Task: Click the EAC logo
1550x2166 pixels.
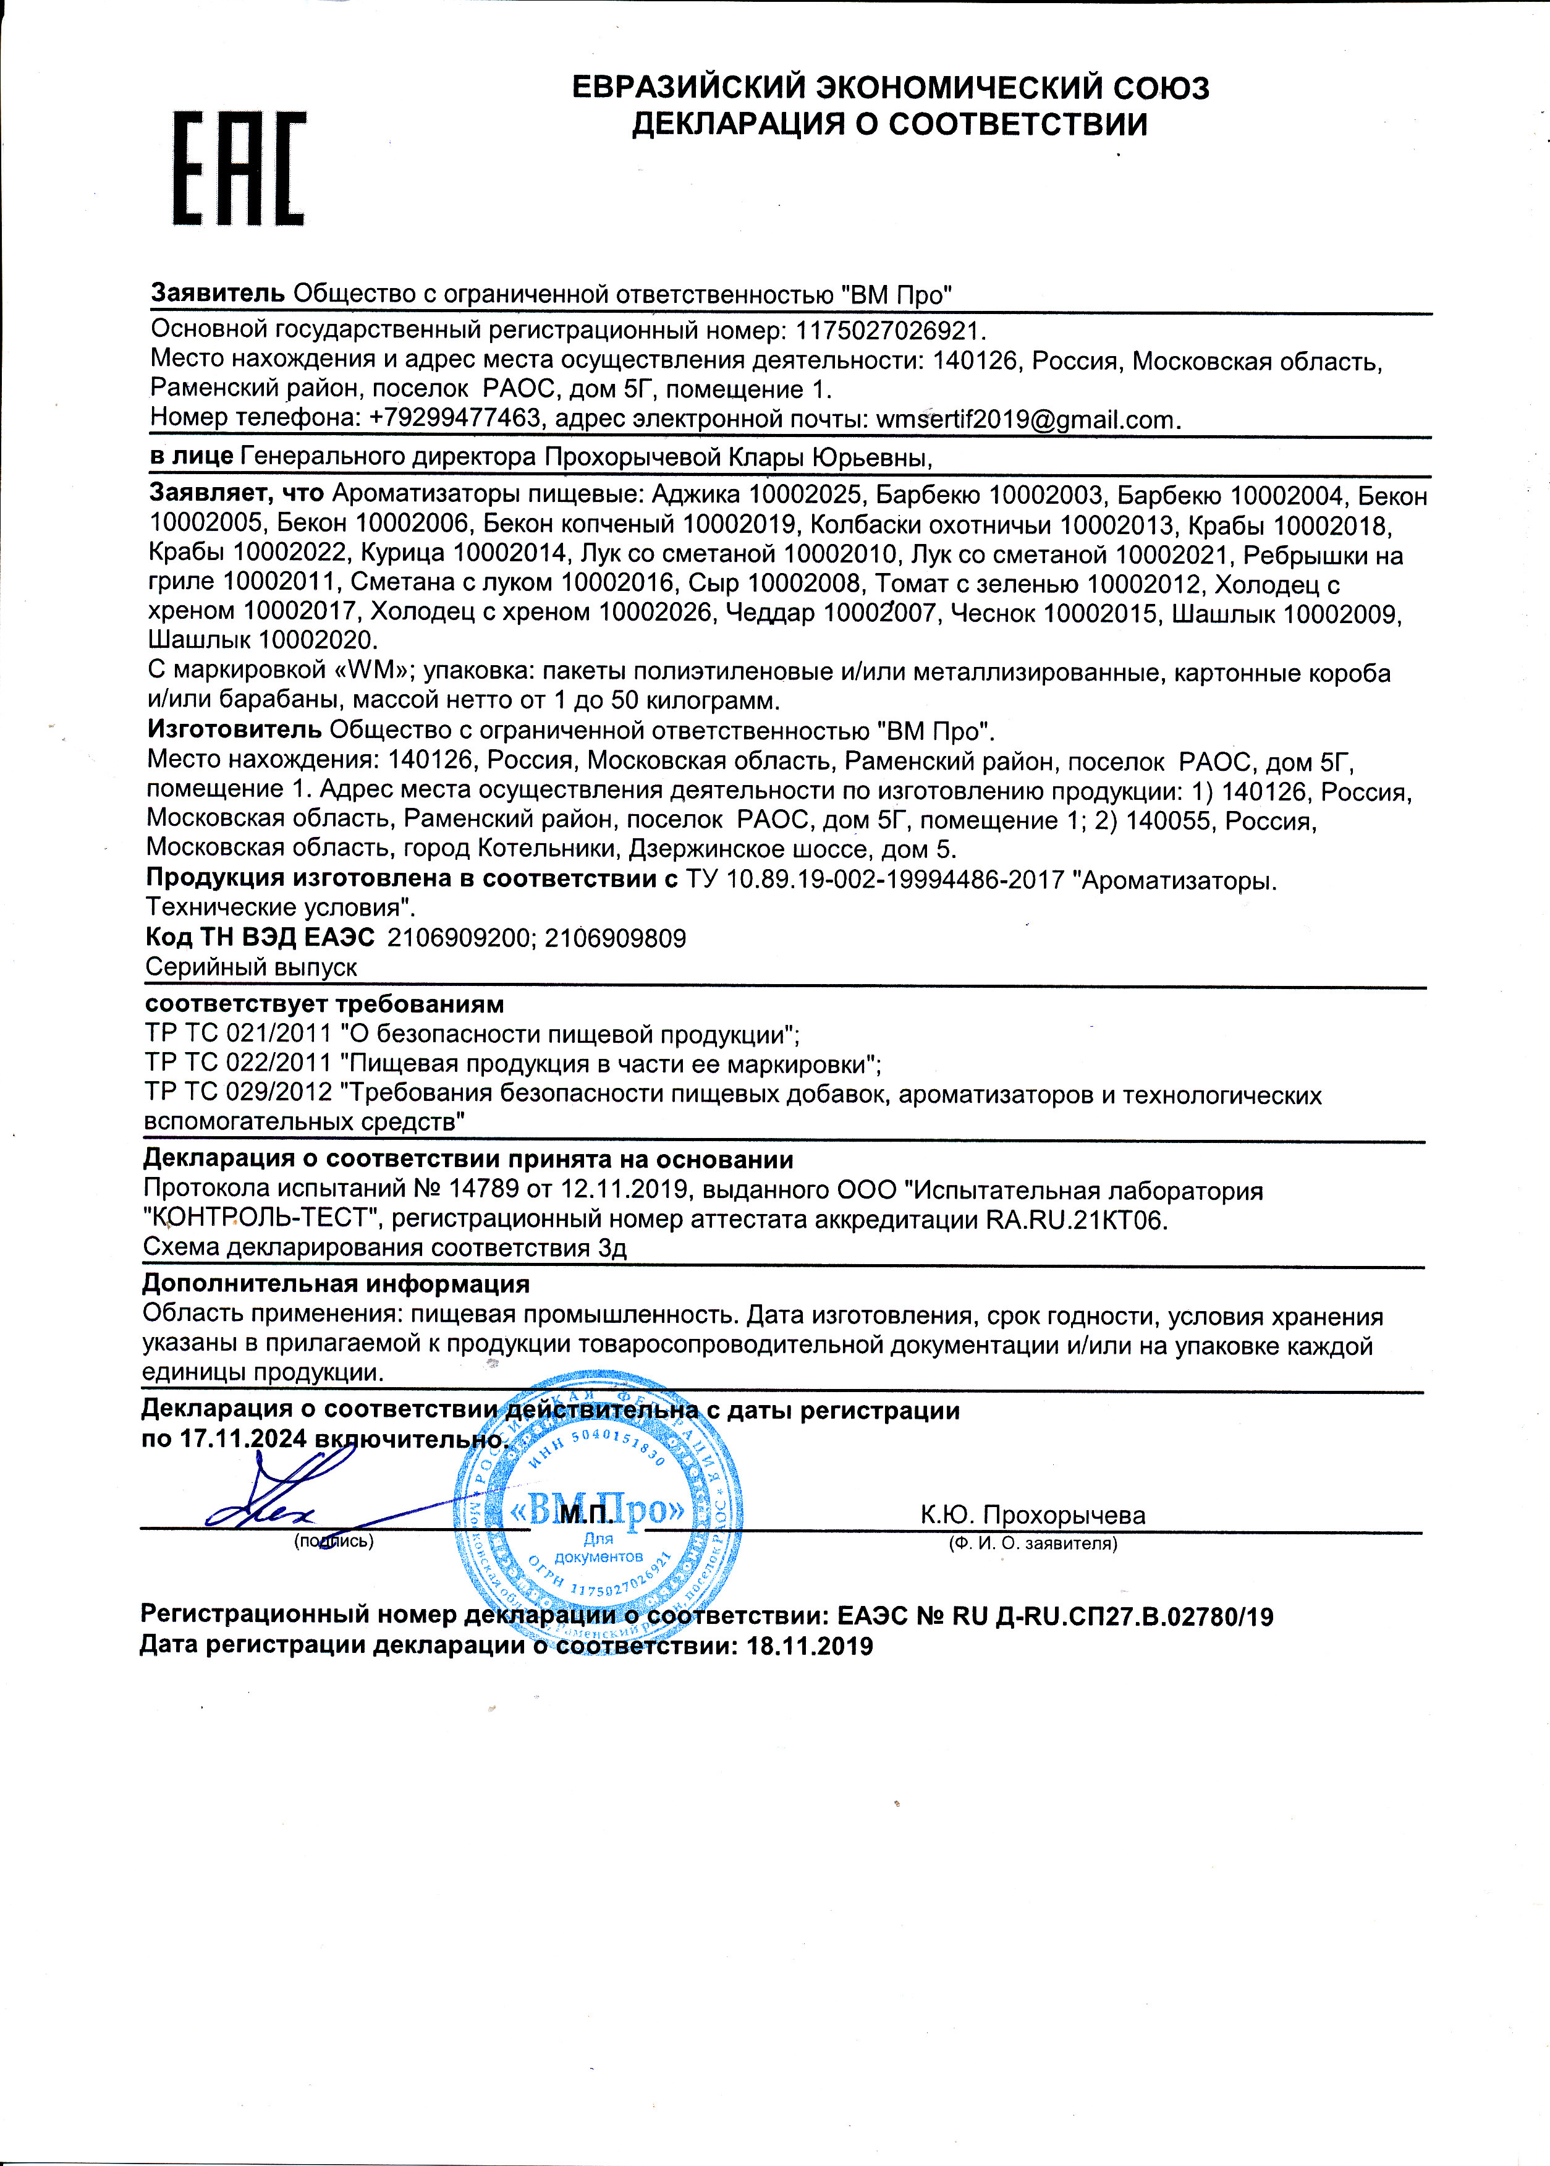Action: point(239,169)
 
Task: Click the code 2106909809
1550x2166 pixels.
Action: point(615,938)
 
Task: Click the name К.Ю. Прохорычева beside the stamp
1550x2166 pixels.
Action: point(1033,1515)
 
